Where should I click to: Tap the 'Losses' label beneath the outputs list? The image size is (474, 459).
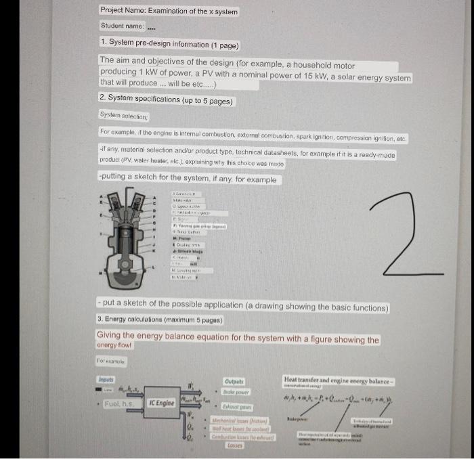[234, 446]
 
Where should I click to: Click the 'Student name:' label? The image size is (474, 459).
[122, 26]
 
